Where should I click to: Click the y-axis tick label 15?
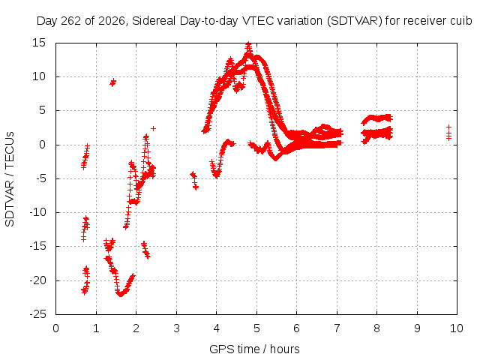[39, 43]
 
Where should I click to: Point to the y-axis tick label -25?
[37, 314]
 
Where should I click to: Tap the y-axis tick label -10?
[37, 212]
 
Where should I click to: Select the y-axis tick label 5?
[42, 110]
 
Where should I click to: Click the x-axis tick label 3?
[176, 328]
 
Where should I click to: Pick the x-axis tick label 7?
[337, 328]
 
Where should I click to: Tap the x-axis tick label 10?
[457, 328]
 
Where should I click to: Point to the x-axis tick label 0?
[55, 328]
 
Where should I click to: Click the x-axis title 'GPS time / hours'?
[254, 349]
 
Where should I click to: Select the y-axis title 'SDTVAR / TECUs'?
[10, 179]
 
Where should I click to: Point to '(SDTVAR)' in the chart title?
[355, 21]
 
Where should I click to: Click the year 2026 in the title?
[112, 22]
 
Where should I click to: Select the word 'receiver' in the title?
[425, 21]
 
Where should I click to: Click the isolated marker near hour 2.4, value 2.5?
[153, 128]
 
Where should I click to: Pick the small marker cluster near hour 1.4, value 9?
[113, 82]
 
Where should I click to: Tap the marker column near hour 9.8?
[448, 132]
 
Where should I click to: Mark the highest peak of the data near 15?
[248, 45]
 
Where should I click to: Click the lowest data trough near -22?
[121, 295]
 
